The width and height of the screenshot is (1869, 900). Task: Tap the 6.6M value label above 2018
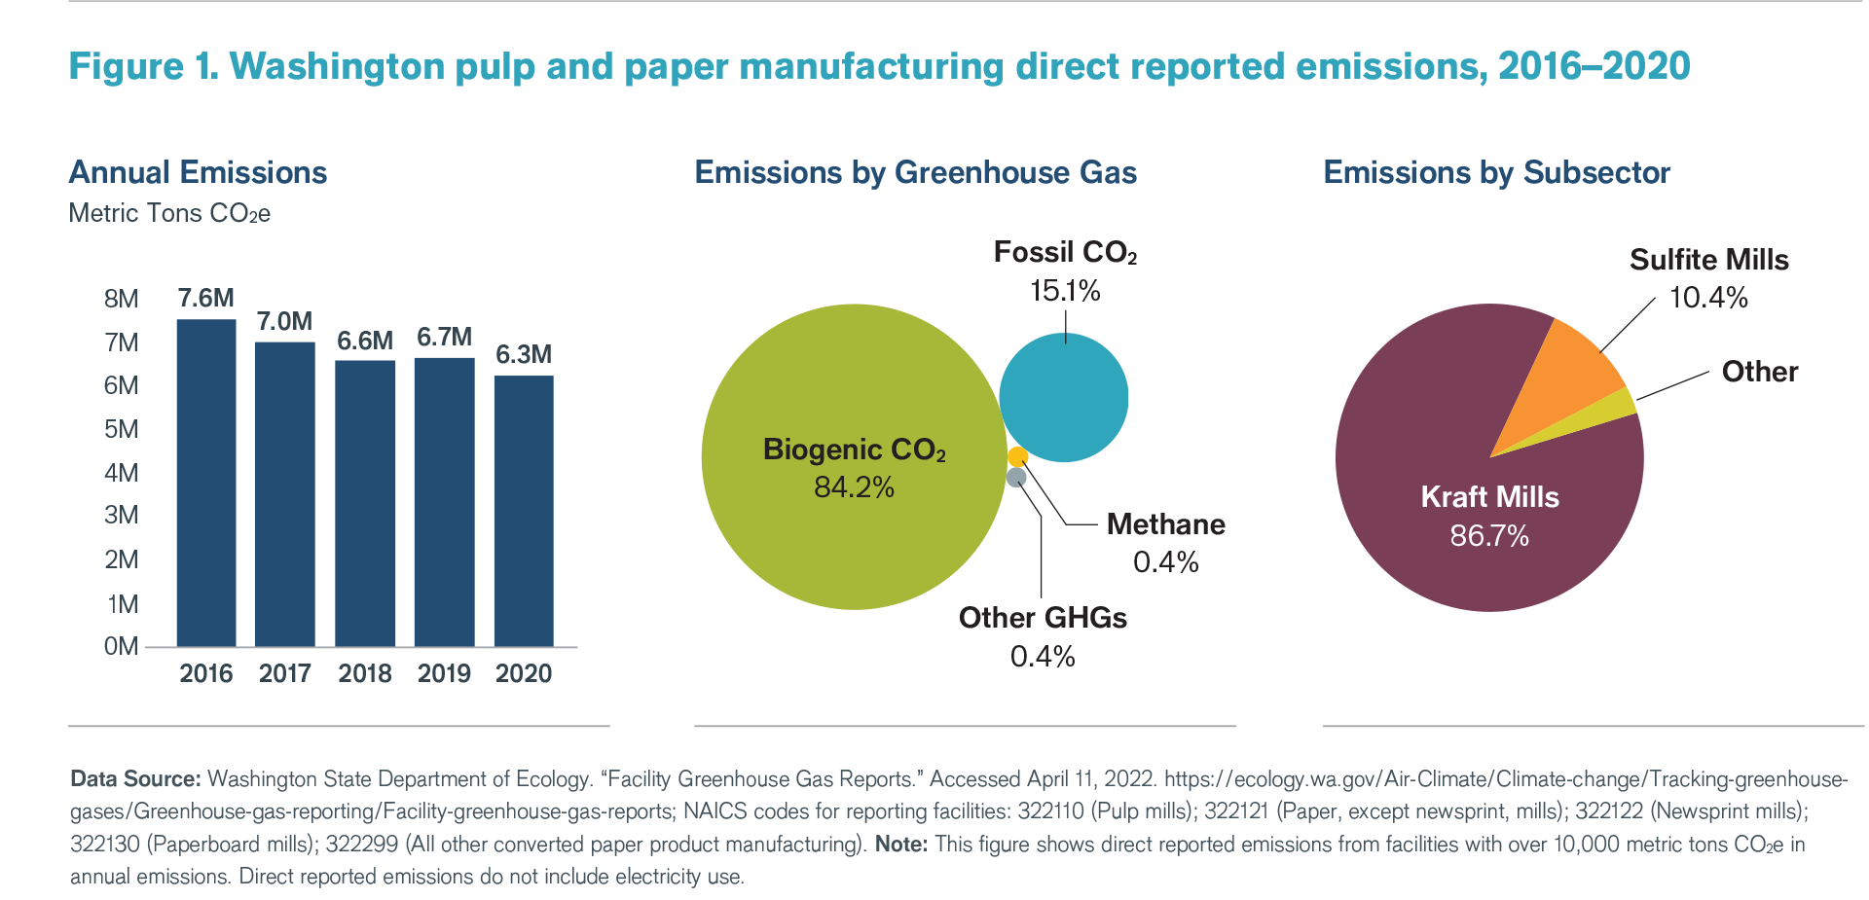point(365,341)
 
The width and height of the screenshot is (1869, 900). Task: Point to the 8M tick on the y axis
point(122,299)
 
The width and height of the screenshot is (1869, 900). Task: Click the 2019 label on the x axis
point(444,673)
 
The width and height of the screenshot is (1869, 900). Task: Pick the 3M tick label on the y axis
point(122,515)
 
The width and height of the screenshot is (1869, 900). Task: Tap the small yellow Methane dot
point(1017,456)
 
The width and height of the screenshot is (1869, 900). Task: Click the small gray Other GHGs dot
point(1016,477)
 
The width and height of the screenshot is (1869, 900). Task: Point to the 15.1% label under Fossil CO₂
point(1065,291)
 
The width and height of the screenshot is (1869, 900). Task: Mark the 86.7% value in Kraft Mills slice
point(1489,536)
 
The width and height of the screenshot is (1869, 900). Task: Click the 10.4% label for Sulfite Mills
point(1708,298)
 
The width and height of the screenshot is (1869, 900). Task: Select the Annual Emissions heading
point(198,172)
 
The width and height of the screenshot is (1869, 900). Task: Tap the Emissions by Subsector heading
point(1496,172)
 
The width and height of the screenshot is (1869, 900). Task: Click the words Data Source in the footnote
point(135,778)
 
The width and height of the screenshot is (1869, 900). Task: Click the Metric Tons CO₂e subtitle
point(169,213)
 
